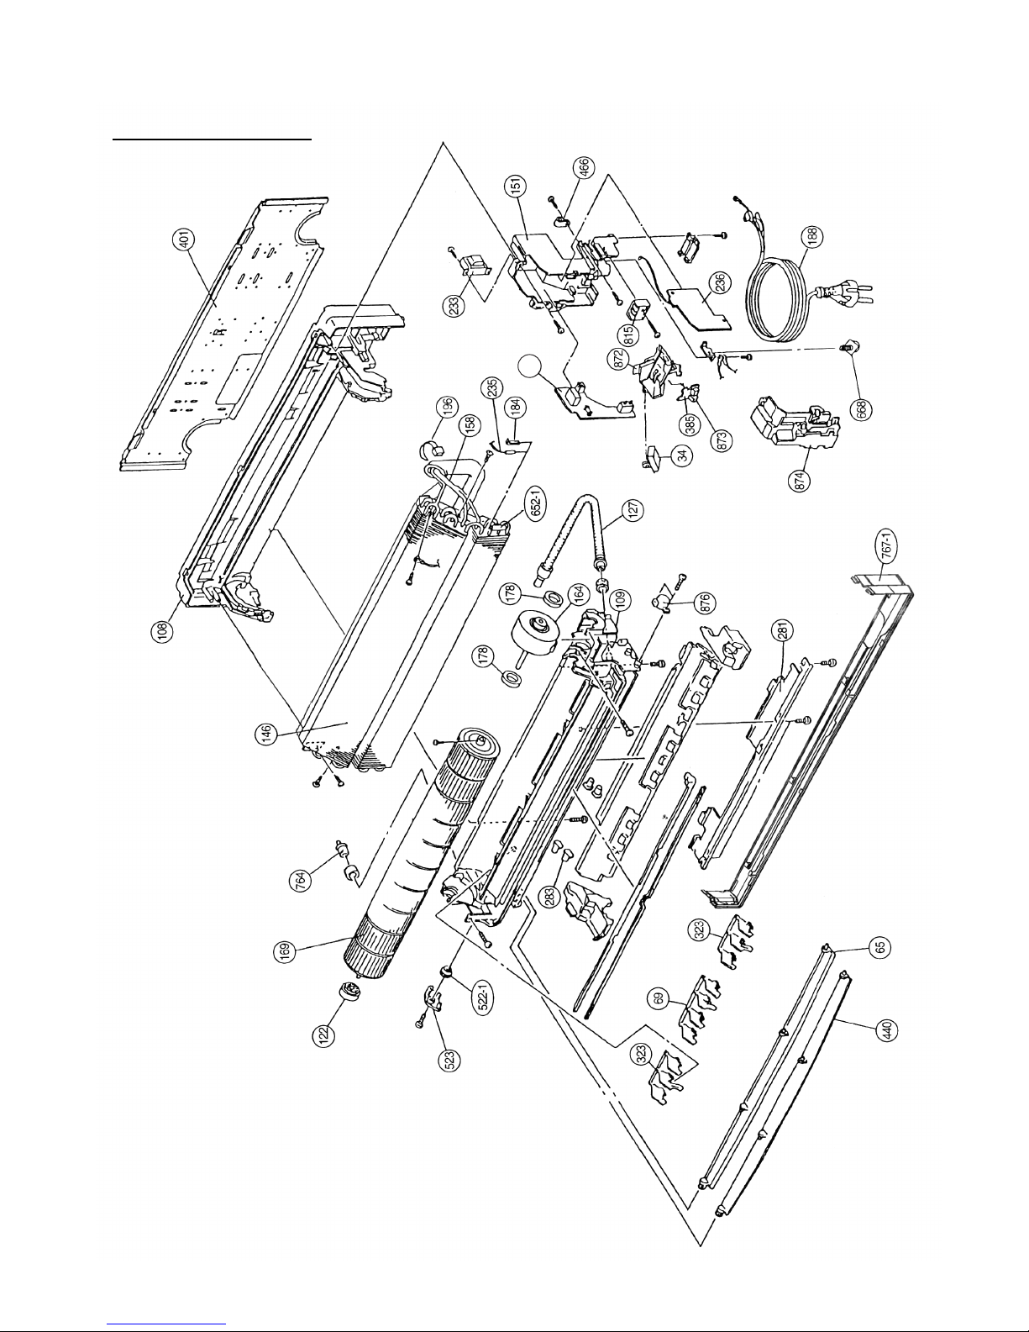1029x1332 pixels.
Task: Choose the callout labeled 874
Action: pyautogui.click(x=800, y=479)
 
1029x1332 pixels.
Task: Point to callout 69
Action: pyautogui.click(x=659, y=999)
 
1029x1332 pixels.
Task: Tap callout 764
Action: pyautogui.click(x=300, y=880)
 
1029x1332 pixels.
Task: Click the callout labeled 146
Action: pyautogui.click(x=265, y=734)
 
